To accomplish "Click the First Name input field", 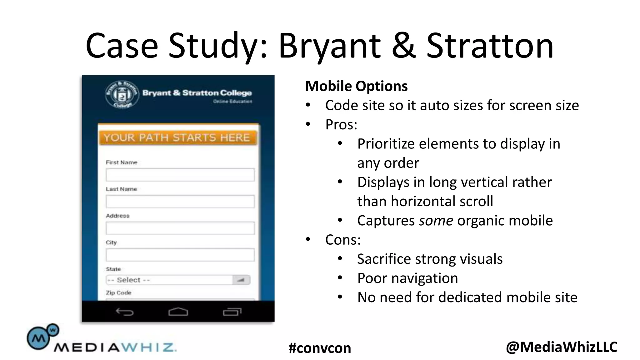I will click(180, 175).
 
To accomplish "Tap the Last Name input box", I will click(180, 202).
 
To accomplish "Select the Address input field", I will click(180, 228).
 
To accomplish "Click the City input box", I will click(180, 255).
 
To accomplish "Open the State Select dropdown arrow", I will click(241, 280).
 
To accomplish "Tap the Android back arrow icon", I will click(125, 312).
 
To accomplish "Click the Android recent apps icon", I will click(232, 312).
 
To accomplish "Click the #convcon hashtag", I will click(320, 348).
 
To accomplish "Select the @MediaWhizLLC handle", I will click(562, 347).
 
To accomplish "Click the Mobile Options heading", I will click(356, 86).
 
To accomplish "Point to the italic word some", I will click(436, 221).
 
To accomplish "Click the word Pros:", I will click(341, 125).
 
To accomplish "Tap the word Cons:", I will click(343, 240).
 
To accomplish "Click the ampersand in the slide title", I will click(403, 46).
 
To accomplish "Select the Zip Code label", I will click(118, 293).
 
